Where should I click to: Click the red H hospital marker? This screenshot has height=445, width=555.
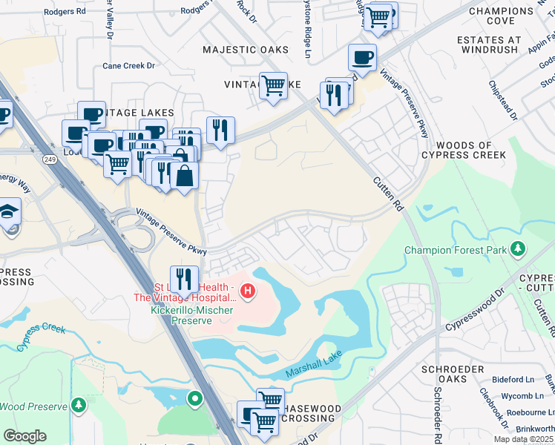pos(248,290)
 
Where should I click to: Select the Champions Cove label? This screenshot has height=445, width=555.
pos(502,16)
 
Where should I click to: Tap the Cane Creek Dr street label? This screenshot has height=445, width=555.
pos(128,65)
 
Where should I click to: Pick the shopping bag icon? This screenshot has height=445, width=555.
pos(184,176)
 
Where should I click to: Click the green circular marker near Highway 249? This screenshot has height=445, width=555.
pos(195,399)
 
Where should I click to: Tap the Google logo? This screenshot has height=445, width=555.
pos(24,435)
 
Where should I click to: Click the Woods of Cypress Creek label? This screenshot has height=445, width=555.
pos(463,150)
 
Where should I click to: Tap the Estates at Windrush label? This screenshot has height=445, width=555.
pos(505,46)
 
